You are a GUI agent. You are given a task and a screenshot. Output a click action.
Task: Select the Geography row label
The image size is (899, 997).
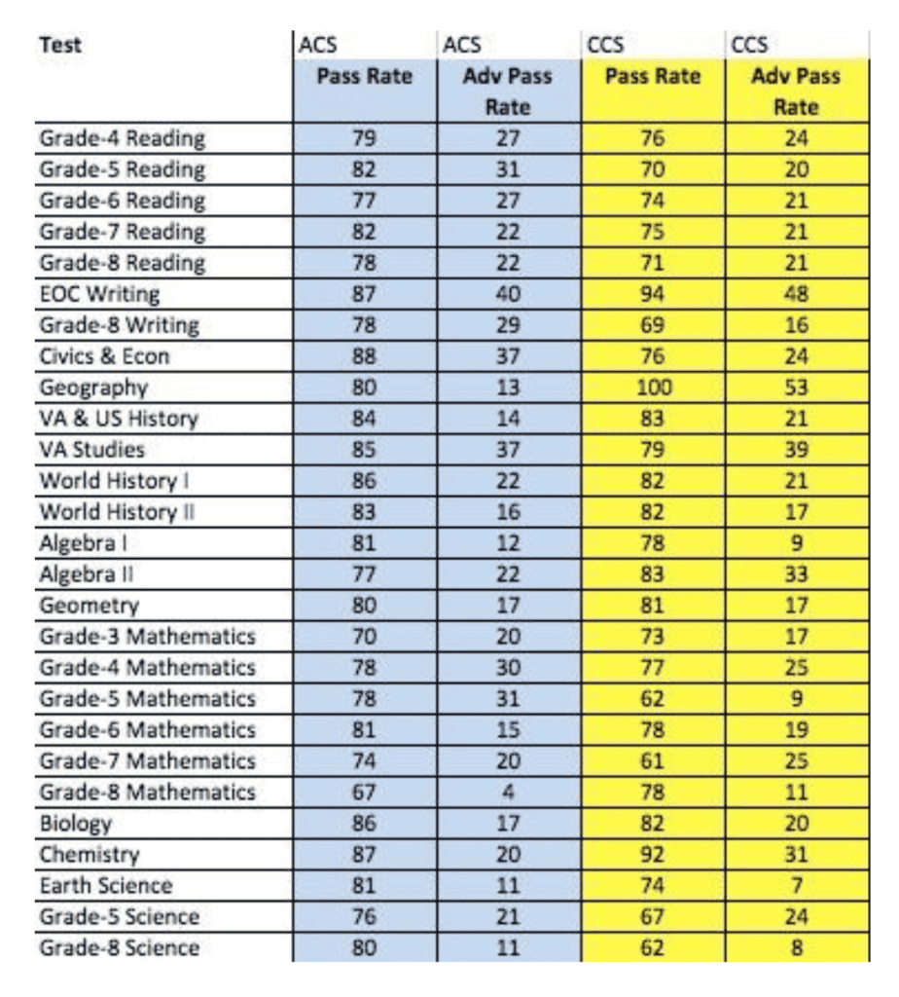click(92, 388)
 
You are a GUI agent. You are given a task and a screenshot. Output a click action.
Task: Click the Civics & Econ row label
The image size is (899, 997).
click(104, 356)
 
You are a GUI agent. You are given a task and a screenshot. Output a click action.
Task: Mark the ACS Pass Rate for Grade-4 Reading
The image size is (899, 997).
click(362, 137)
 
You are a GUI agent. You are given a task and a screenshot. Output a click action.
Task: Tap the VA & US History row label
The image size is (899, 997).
click(119, 420)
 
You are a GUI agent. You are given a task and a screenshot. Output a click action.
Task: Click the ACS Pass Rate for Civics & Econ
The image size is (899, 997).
click(362, 356)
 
